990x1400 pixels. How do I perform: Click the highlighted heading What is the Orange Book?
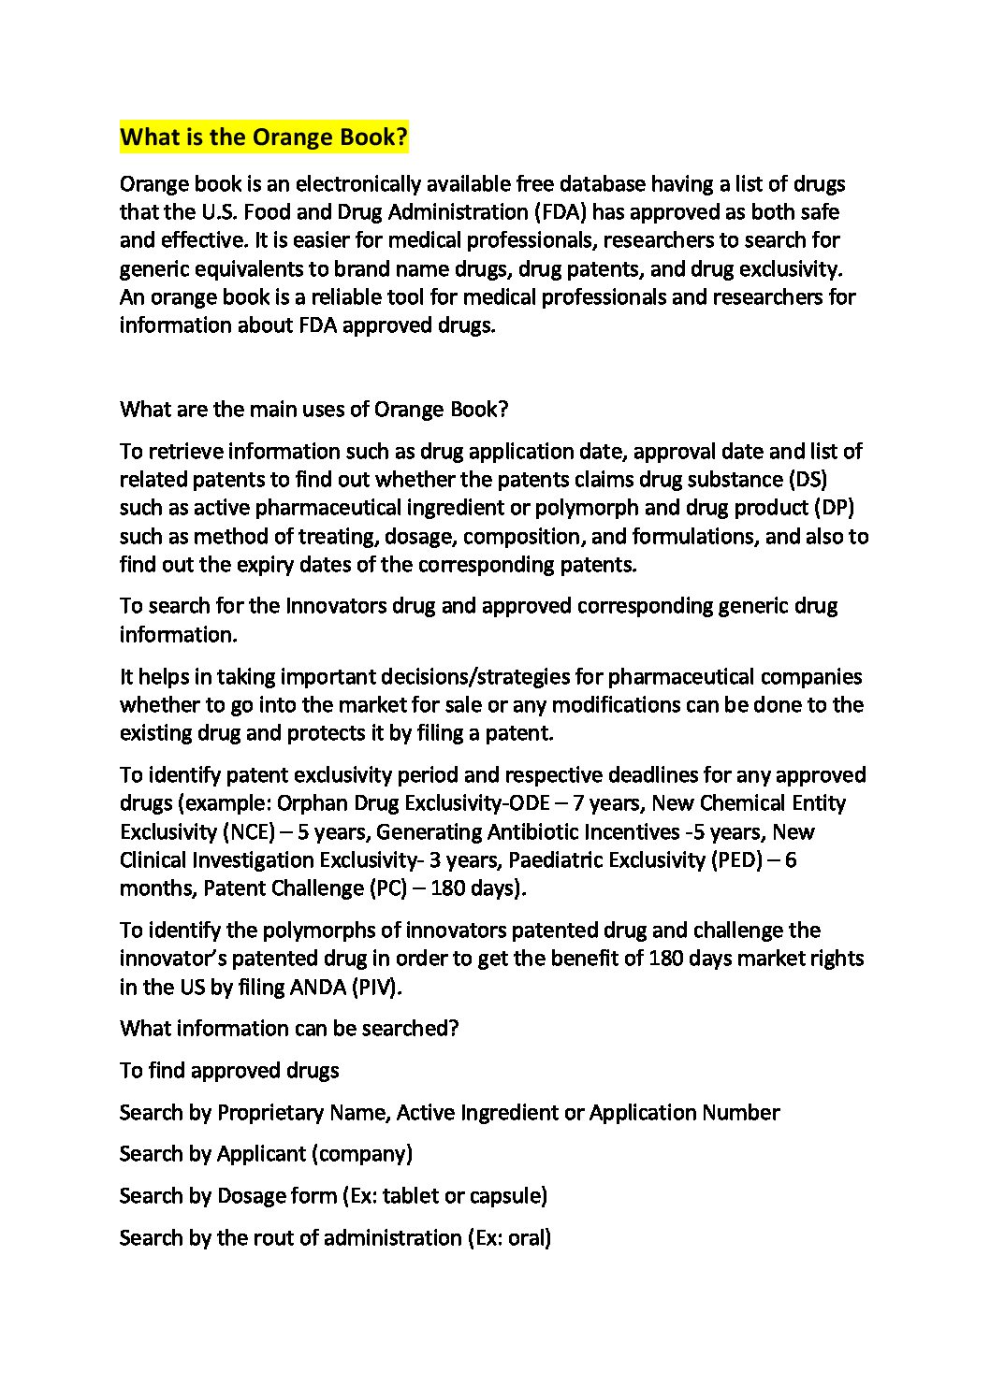point(264,137)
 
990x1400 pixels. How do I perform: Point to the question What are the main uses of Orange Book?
point(313,410)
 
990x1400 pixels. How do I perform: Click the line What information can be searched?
point(289,1029)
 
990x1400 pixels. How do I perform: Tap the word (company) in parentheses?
point(362,1154)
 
